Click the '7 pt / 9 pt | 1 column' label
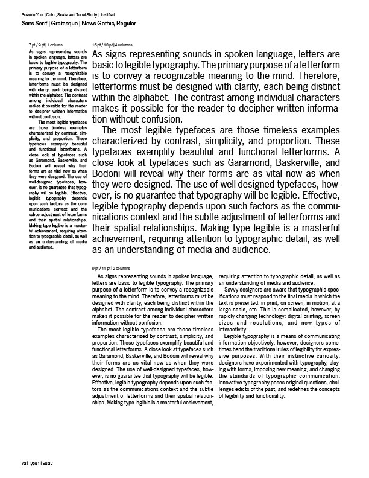point(46,45)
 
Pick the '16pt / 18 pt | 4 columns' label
point(113,45)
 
